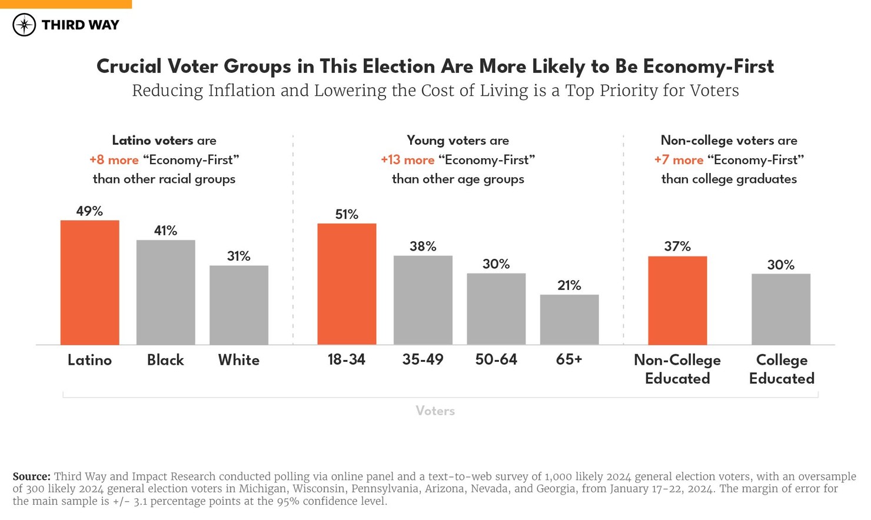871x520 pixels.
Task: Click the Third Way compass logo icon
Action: point(24,25)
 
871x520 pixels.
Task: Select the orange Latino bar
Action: point(89,282)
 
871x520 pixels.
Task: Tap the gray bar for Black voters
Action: point(165,292)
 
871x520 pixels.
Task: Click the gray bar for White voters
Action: point(239,305)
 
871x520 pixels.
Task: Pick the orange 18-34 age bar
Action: point(347,284)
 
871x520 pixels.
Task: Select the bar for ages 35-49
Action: point(423,300)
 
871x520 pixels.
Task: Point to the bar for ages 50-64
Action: point(496,309)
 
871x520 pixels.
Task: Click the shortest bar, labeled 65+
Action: point(569,319)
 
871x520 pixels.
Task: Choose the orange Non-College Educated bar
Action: point(677,300)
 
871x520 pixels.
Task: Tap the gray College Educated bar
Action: point(781,309)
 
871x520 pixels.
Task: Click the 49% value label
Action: point(89,211)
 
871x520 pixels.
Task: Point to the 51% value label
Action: point(347,215)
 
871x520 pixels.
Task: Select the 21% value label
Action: point(569,286)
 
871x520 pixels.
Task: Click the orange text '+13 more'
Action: point(407,160)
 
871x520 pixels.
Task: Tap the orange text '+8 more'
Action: point(114,160)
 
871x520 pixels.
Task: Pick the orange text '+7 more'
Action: point(679,160)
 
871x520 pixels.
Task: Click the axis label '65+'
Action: point(569,360)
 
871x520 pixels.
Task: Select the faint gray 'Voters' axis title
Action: point(435,411)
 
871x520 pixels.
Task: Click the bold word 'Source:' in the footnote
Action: point(32,476)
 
